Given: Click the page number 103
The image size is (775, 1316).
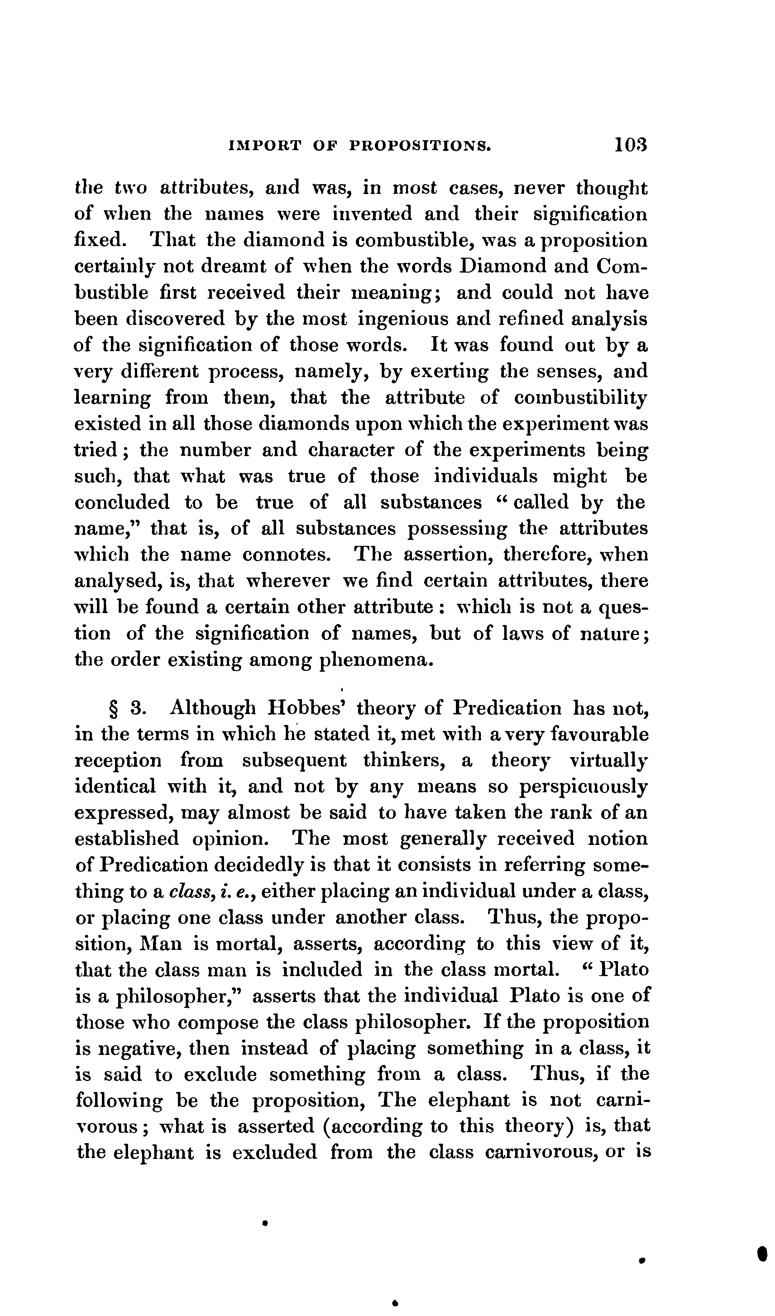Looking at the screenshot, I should tap(630, 144).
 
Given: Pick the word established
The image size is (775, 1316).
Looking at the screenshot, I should tap(127, 839).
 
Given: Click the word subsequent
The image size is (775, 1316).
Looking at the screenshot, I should tap(294, 761).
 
